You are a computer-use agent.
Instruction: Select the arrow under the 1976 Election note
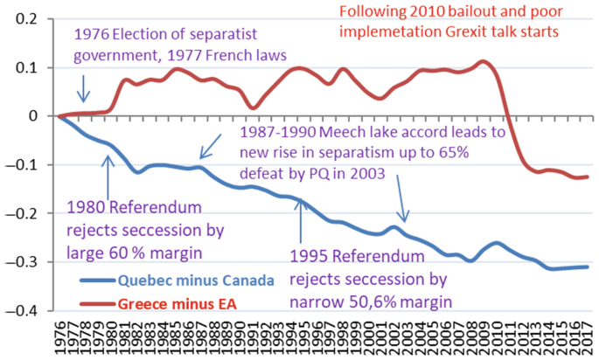(83, 90)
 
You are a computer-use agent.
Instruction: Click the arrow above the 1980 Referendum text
(108, 175)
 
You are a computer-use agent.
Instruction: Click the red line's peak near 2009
(483, 62)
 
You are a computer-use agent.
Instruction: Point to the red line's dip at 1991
(252, 107)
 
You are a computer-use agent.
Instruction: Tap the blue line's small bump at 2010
(497, 243)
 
